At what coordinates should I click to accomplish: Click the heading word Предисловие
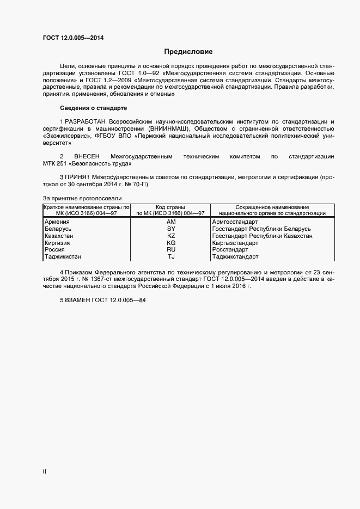[188, 52]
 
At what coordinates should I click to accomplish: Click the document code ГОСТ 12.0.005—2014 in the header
[73, 38]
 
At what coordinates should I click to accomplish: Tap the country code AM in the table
[171, 222]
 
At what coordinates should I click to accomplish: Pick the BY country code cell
[171, 229]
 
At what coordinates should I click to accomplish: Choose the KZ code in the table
[171, 236]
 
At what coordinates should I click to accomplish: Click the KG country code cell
[171, 243]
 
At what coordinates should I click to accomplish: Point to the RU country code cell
[171, 250]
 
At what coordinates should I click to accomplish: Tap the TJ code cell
[171, 256]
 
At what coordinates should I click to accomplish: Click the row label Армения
[57, 222]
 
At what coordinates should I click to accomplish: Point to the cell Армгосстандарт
[235, 222]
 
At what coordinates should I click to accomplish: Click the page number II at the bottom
[45, 471]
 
